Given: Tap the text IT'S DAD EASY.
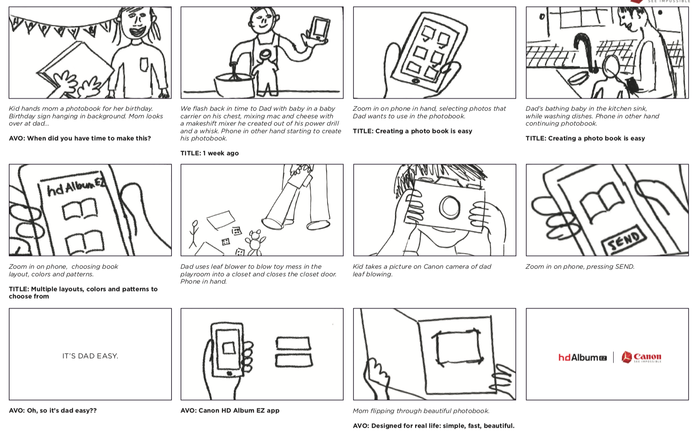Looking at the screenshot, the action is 90,356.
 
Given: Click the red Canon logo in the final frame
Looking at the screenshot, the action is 641,357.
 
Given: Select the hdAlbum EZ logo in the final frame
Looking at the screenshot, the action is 582,357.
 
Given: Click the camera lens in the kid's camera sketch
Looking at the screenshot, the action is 450,207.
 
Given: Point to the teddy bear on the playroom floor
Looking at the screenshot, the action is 255,242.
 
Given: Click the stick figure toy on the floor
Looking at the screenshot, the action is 194,233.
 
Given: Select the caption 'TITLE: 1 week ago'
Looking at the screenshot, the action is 209,153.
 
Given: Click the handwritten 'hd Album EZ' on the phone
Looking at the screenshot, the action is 76,187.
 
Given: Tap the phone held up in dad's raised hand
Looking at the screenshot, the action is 319,29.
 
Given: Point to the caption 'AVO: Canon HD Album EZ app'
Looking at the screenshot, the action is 230,410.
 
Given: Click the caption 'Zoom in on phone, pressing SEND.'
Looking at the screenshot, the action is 580,267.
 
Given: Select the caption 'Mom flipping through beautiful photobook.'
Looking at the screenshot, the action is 421,411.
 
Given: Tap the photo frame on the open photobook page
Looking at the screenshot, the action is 458,347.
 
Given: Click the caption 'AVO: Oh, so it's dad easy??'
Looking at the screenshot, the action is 53,410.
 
